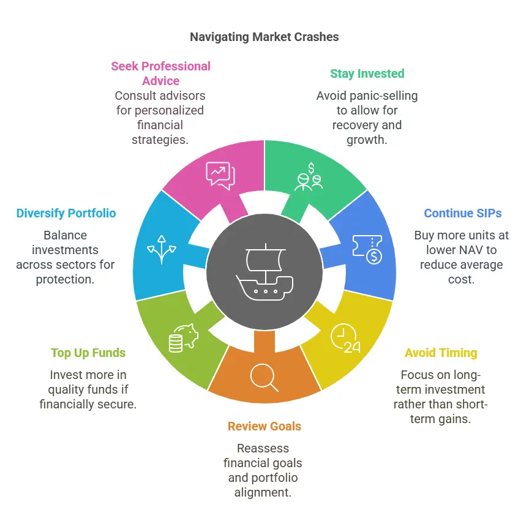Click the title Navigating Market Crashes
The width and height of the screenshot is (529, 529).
coord(264,37)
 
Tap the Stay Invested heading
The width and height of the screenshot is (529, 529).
coord(367,73)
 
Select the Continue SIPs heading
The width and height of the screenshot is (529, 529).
coord(462,214)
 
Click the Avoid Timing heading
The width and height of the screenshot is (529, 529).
coord(440,353)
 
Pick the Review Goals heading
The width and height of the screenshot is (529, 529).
coord(264,426)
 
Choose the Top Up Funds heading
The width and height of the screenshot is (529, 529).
coord(88,353)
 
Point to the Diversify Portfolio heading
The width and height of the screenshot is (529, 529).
coord(66,214)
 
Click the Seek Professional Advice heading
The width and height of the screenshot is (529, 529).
coord(160,73)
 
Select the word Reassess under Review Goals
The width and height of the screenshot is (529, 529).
coord(264,448)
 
